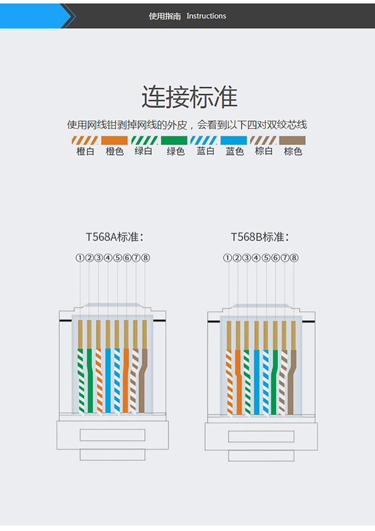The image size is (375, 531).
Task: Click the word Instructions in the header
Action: (x=206, y=16)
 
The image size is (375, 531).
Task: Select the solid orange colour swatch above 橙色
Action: (x=114, y=141)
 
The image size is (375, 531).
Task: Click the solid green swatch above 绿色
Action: (x=174, y=141)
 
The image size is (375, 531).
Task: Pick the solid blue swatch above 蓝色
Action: (x=234, y=141)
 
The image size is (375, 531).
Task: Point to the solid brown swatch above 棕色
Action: (x=292, y=141)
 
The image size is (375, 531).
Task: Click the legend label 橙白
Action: (x=85, y=151)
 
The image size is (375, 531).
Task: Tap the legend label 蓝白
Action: (x=205, y=151)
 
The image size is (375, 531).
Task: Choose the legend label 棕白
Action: (x=263, y=151)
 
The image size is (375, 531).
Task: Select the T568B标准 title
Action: (x=260, y=237)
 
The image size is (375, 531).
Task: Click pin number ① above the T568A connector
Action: (x=79, y=258)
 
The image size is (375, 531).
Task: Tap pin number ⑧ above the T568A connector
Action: (x=145, y=258)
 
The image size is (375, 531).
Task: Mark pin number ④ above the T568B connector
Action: (x=256, y=258)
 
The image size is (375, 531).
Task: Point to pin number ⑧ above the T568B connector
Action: (x=294, y=258)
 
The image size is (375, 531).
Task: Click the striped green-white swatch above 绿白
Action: (x=144, y=141)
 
